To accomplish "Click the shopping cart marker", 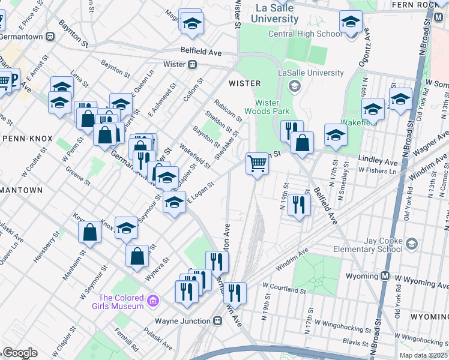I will (x=257, y=163).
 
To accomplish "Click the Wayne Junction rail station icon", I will (x=217, y=320).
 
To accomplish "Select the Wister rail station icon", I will (x=193, y=64).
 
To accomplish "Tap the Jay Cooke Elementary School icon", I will (x=411, y=244).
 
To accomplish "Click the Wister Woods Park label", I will (x=267, y=106).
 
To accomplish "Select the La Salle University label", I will (x=277, y=14).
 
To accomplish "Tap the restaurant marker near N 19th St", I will (x=298, y=205).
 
